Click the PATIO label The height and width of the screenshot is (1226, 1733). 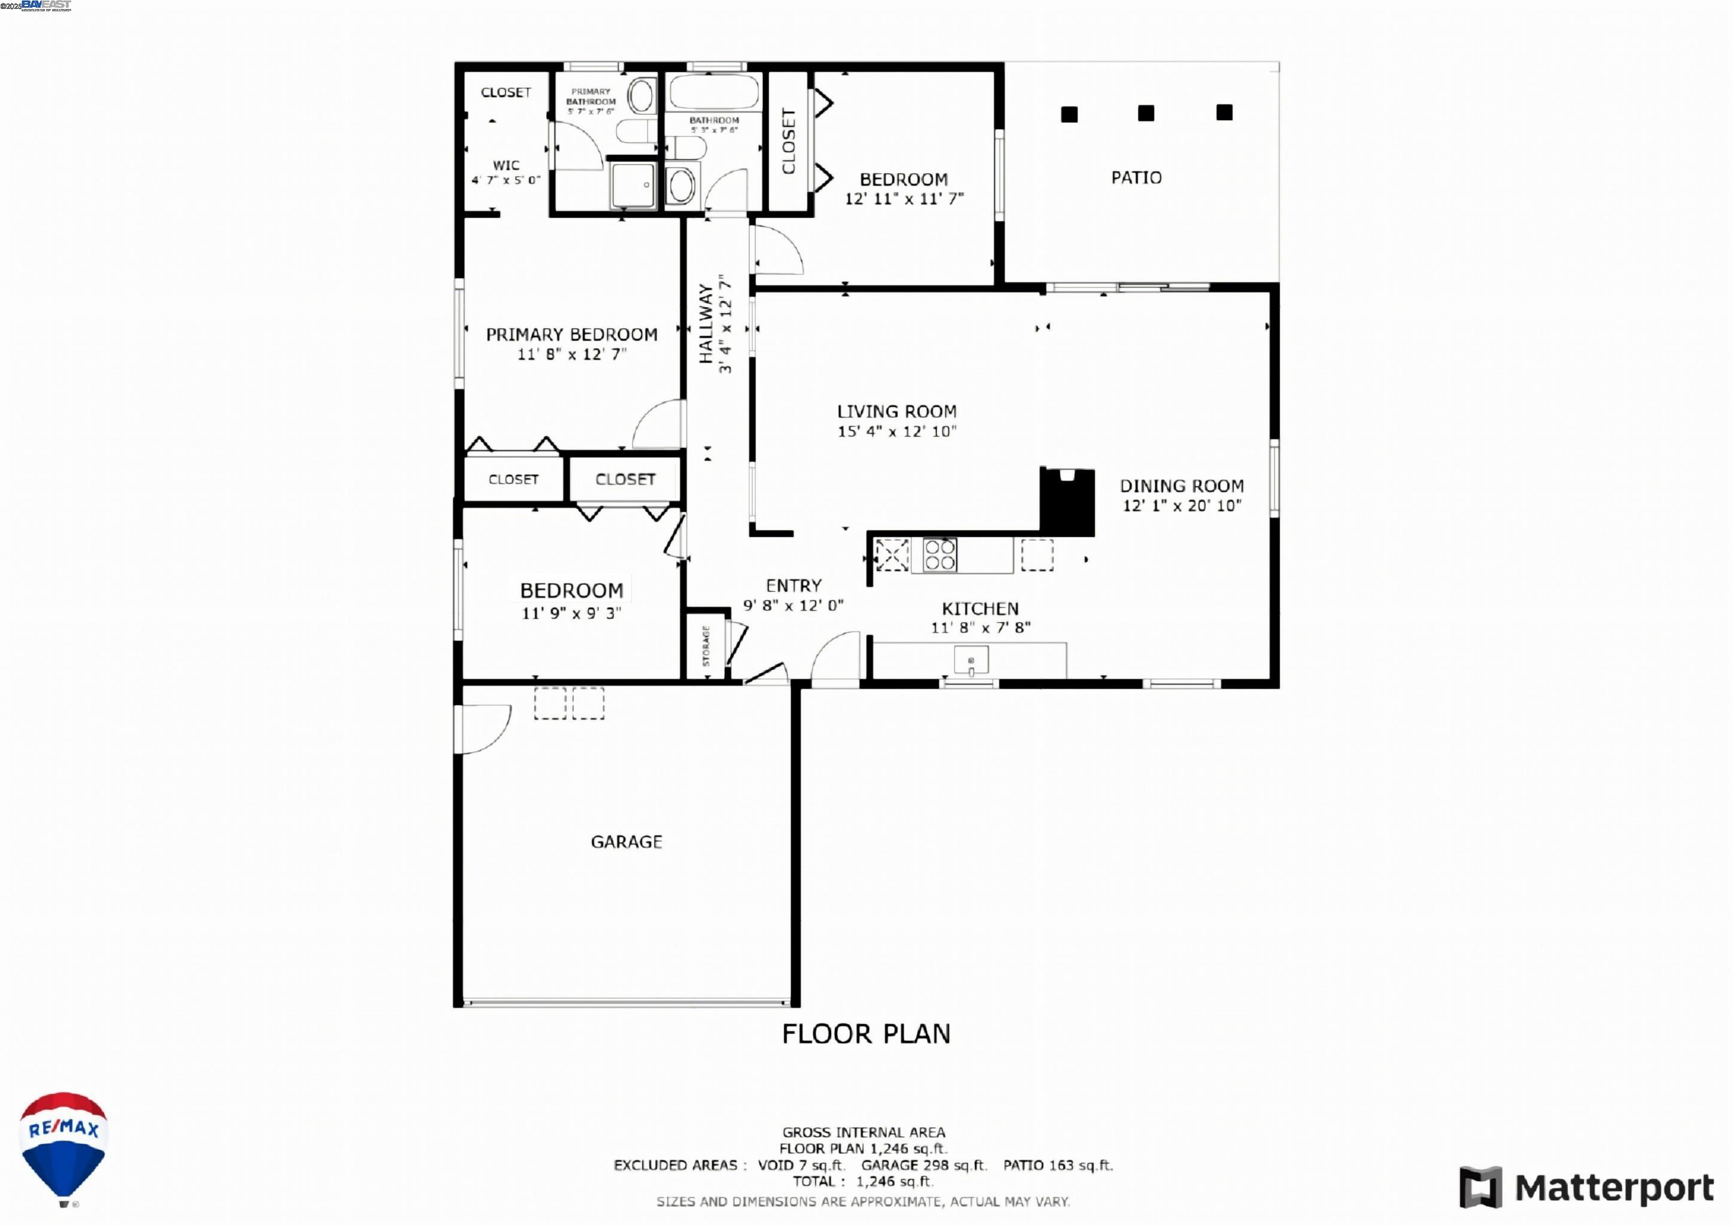1136,177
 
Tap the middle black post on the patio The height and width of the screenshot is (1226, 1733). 1146,113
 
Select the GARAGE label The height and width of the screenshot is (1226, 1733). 627,842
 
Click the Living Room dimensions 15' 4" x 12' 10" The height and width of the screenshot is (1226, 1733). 896,432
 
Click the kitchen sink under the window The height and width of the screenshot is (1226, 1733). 971,660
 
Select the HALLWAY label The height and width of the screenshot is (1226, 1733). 706,323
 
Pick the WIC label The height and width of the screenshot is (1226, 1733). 506,165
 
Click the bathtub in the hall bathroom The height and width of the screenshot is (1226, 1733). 714,92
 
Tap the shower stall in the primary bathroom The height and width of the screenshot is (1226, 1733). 633,185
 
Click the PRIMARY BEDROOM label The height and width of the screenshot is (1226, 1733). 571,335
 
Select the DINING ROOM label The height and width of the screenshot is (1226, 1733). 1181,486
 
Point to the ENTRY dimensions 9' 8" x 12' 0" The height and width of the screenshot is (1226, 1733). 793,605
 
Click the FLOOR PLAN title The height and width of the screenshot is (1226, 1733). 866,1033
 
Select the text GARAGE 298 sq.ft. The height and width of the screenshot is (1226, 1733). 923,1166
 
